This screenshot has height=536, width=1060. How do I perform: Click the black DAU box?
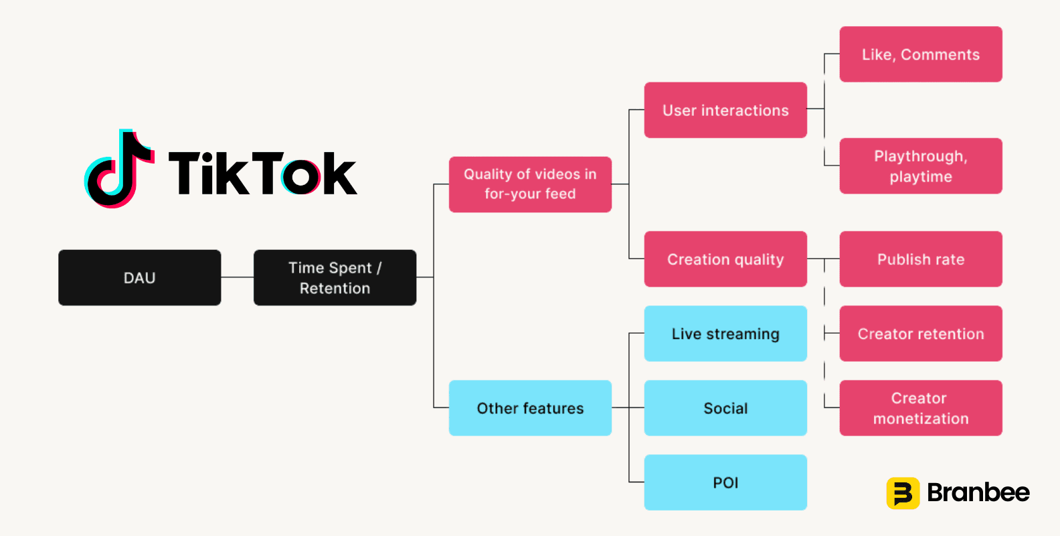140,278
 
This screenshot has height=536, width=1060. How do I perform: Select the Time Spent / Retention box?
335,278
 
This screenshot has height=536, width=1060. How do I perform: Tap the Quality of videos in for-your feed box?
530,184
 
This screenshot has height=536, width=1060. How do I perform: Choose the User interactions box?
725,110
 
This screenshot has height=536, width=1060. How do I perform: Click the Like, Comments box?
921,54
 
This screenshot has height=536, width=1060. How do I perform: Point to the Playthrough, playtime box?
921,166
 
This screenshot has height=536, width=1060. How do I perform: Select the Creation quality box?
725,259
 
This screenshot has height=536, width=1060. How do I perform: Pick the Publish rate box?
921,259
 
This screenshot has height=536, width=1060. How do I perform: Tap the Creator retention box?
921,334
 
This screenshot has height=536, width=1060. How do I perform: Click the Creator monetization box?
921,408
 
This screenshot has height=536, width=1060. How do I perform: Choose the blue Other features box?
530,408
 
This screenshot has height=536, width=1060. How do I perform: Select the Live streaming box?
725,334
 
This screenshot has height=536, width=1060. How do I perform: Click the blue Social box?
725,408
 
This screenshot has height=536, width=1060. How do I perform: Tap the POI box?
725,482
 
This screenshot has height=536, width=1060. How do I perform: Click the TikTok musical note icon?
119,168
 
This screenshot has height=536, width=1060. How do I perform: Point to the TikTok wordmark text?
263,173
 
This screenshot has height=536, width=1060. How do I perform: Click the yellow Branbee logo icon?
903,493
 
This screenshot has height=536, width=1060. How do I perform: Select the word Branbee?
978,492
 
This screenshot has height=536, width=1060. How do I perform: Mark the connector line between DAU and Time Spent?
237,277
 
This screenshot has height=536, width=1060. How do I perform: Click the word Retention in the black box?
335,288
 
